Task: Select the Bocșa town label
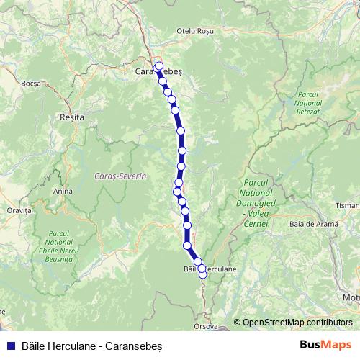coord(31,84)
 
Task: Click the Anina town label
coord(63,192)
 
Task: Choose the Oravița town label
coord(19,211)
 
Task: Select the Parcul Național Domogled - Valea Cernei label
coord(256,201)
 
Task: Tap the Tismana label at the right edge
coord(348,205)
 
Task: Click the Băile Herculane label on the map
coord(210,269)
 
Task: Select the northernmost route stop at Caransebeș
coord(159,65)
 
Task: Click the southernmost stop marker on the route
coord(203,274)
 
